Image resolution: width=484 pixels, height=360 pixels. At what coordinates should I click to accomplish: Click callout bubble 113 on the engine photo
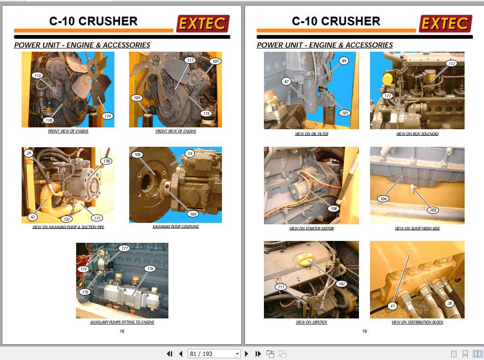click(x=37, y=75)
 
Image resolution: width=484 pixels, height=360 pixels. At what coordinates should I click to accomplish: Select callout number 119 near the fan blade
click(x=108, y=116)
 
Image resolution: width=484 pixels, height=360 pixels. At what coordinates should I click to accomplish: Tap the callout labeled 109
click(x=137, y=98)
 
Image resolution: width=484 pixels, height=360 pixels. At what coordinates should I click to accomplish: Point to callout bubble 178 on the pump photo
click(x=107, y=161)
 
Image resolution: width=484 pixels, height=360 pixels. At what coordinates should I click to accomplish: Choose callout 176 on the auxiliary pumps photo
click(x=149, y=269)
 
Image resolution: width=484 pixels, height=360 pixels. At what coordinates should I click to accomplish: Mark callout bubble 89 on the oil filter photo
click(x=344, y=61)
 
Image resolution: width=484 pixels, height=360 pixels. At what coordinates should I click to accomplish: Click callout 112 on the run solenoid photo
click(x=451, y=64)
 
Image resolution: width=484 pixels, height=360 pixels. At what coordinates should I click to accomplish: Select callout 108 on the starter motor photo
click(x=334, y=209)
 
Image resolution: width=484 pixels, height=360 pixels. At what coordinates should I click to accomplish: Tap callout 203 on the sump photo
click(x=432, y=210)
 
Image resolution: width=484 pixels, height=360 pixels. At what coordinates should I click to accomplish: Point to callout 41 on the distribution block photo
click(x=393, y=306)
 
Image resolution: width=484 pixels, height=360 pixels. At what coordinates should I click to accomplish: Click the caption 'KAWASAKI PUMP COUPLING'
click(x=175, y=227)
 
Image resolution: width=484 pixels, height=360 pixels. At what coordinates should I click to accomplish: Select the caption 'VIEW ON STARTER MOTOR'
click(x=311, y=228)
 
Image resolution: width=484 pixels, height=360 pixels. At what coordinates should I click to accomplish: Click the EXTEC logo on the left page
click(x=203, y=24)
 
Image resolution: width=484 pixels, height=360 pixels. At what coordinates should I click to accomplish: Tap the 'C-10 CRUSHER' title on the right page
click(x=336, y=21)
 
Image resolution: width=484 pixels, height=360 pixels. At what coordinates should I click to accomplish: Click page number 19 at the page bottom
click(x=364, y=331)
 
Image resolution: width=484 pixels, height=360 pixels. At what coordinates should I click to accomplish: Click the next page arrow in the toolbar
click(x=246, y=354)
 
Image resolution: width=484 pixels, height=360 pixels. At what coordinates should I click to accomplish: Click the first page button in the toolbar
click(x=169, y=354)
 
